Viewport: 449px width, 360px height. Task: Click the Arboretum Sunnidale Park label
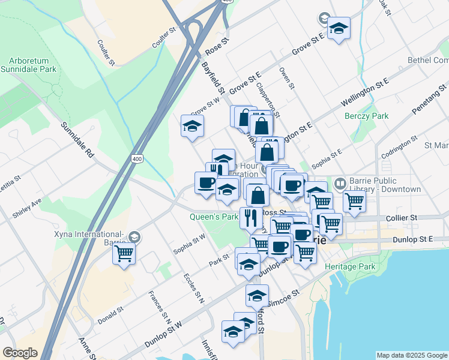click(x=32, y=65)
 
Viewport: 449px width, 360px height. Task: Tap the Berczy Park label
click(x=367, y=116)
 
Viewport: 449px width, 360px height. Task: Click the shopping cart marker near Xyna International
click(x=124, y=254)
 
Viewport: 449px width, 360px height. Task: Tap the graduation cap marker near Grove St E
click(x=339, y=28)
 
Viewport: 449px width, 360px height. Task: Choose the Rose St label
click(x=217, y=44)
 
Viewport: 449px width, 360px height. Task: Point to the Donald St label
click(x=110, y=314)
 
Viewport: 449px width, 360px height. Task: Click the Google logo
click(x=20, y=352)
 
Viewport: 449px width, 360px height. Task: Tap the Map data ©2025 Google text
click(x=411, y=355)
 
